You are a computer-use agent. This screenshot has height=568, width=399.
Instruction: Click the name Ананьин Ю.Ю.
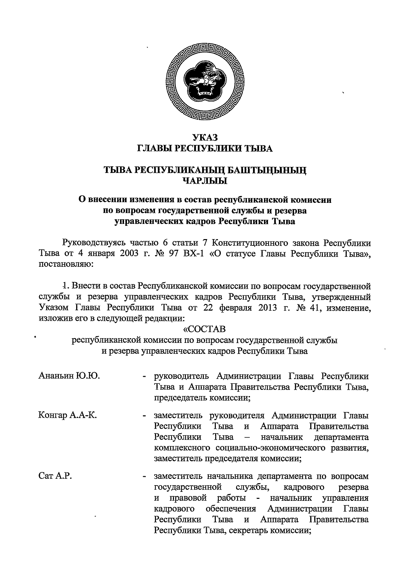(x=70, y=376)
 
